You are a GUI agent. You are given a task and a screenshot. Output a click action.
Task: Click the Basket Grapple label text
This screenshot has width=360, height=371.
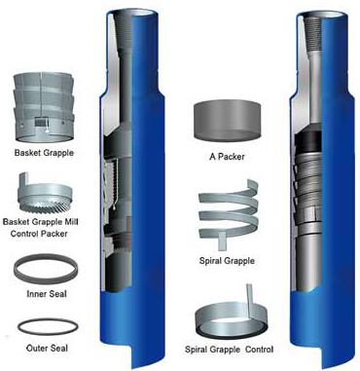[x=44, y=153]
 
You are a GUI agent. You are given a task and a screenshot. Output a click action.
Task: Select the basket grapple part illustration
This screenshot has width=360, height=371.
[x=44, y=107]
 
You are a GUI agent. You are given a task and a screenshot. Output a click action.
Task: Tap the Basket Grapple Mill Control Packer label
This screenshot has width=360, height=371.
[x=40, y=228]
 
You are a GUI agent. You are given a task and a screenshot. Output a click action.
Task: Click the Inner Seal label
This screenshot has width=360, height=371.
[x=47, y=294]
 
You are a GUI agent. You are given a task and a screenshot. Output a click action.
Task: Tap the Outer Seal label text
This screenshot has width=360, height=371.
[x=47, y=349]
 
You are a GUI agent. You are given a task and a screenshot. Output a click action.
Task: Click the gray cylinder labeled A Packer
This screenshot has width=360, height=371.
[x=227, y=121]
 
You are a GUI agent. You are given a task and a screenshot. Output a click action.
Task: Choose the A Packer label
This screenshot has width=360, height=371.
[x=227, y=157]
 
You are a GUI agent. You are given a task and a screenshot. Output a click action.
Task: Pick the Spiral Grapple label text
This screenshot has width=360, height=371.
[x=227, y=261]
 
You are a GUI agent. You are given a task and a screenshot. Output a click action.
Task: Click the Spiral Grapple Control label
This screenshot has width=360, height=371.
[x=229, y=350]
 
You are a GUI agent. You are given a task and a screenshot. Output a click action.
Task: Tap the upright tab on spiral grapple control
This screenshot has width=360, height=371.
[x=250, y=300]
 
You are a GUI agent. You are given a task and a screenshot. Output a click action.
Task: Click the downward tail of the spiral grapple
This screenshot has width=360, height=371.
[x=222, y=241]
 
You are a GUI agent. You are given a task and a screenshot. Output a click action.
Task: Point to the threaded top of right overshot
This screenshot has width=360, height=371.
[x=313, y=33]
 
